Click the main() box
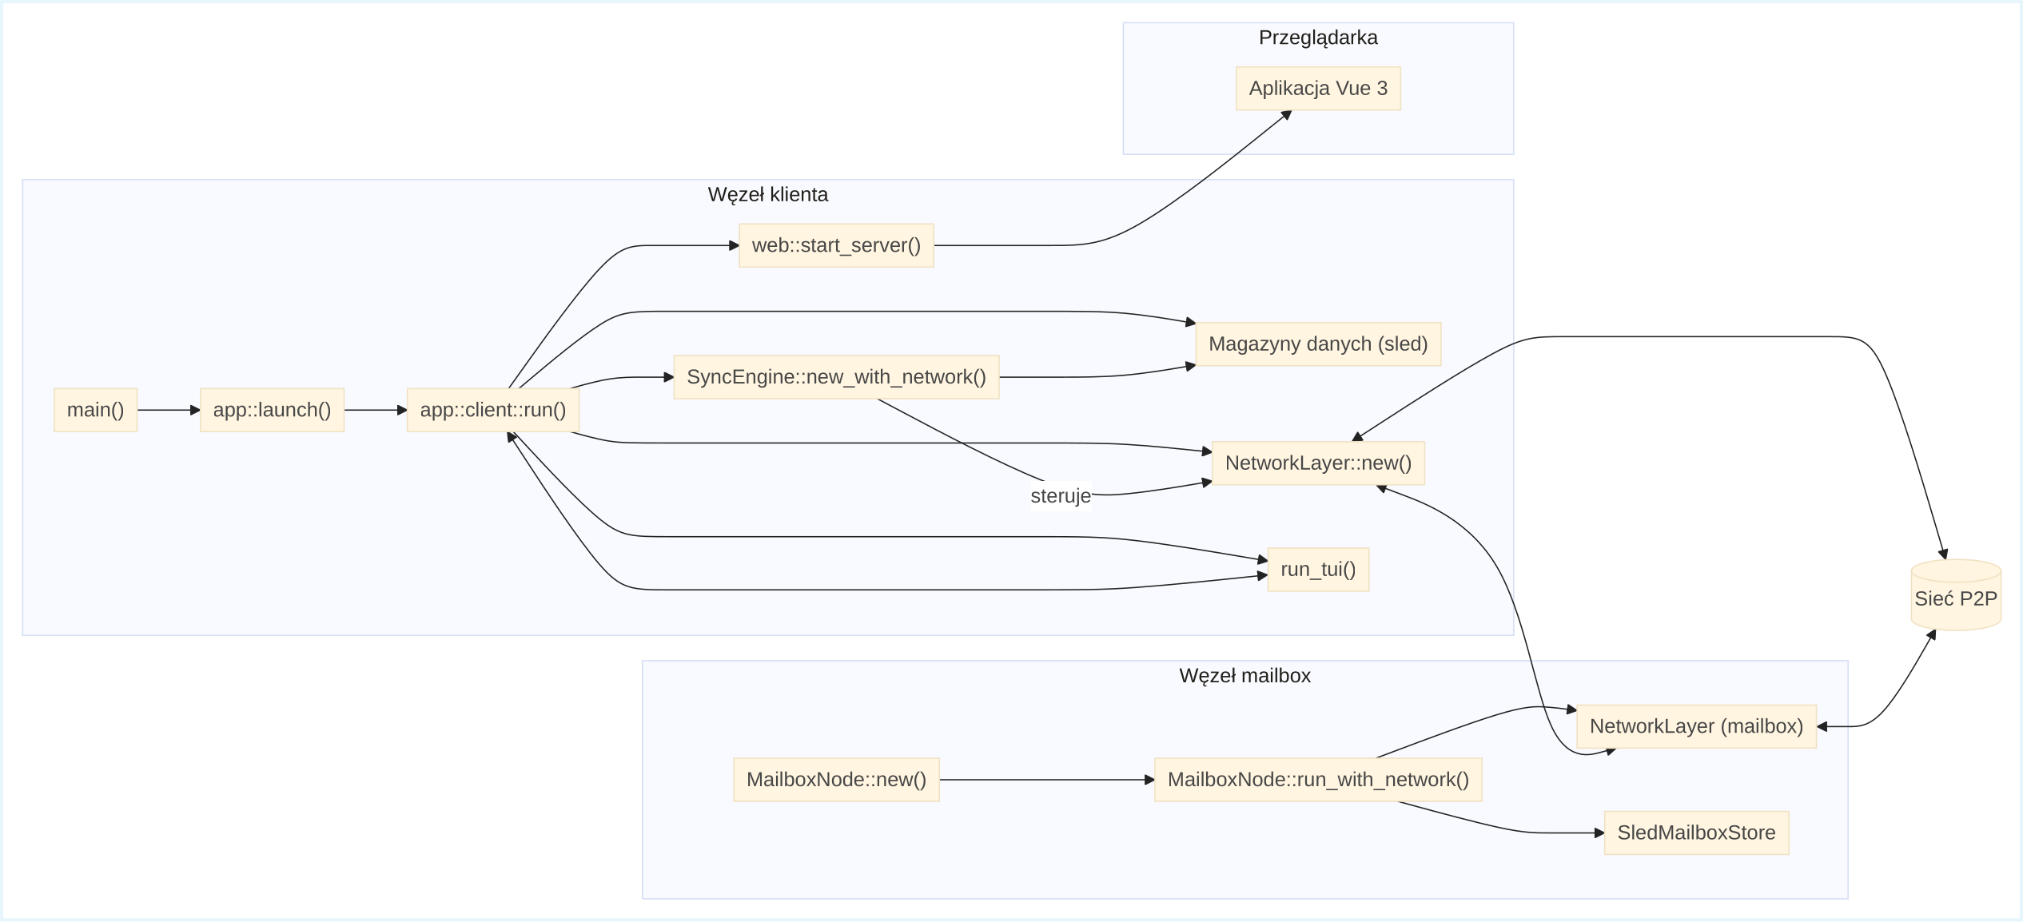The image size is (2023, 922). click(95, 410)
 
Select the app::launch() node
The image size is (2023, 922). click(272, 410)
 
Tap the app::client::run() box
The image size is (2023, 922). click(492, 410)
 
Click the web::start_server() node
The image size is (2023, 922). click(836, 245)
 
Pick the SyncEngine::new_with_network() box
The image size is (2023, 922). click(836, 377)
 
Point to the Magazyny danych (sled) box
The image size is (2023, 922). click(1317, 344)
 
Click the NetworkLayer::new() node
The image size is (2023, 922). click(1317, 463)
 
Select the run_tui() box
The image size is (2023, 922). click(1317, 570)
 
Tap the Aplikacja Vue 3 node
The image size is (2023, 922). click(1317, 89)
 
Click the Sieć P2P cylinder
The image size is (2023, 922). click(1955, 598)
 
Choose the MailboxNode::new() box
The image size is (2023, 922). click(836, 780)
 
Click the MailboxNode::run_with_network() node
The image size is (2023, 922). click(1317, 780)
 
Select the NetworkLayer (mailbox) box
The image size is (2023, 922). click(1695, 726)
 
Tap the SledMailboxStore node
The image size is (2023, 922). click(1695, 833)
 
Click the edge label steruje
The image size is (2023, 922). click(1060, 496)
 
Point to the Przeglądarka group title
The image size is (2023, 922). click(1317, 38)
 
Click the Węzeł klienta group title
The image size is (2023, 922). click(767, 194)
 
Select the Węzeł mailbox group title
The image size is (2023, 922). click(1244, 676)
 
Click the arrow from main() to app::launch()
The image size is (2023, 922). click(168, 410)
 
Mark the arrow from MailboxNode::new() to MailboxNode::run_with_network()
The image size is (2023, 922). click(1046, 780)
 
